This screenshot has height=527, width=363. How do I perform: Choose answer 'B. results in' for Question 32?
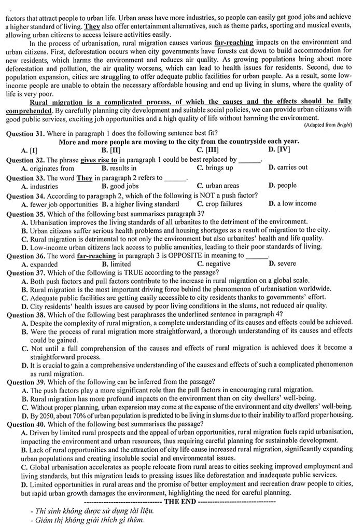point(119,168)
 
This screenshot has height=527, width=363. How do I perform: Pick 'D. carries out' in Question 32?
point(288,168)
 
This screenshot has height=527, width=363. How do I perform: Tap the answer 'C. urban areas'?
point(218,186)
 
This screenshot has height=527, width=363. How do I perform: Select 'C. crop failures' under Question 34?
point(220,204)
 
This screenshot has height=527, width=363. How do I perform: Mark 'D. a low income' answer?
point(292,204)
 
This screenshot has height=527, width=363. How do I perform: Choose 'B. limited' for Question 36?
point(116,263)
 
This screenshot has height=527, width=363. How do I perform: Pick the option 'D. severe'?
point(283,263)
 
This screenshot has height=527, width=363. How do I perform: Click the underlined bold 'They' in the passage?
point(92,25)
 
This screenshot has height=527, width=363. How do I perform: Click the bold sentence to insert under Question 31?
point(179,142)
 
